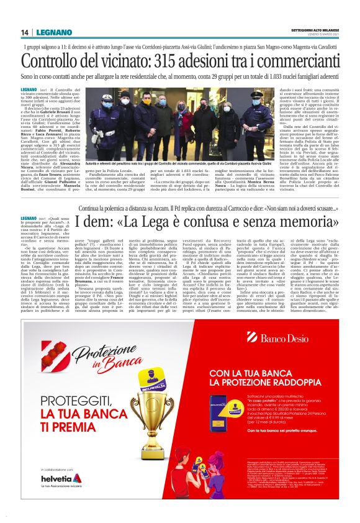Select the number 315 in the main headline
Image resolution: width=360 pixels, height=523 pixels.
point(171,61)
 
